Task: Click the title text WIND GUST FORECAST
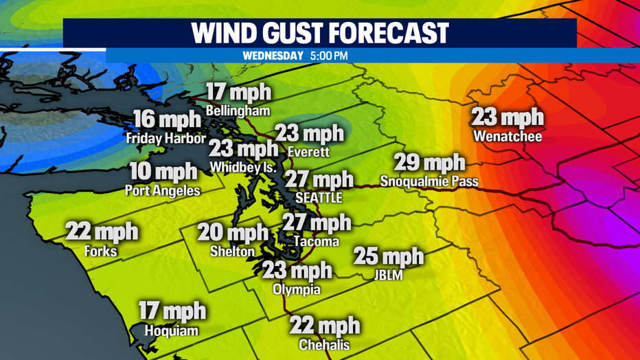(319, 32)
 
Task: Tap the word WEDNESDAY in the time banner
(272, 56)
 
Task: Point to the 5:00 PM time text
(329, 56)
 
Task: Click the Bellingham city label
(240, 111)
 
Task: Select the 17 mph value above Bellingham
(239, 93)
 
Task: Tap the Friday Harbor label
(165, 138)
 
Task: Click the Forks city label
(101, 251)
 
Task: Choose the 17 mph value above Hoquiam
(172, 311)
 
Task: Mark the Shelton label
(232, 251)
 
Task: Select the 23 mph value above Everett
(309, 133)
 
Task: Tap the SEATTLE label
(318, 197)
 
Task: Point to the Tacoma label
(316, 242)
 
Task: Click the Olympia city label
(297, 289)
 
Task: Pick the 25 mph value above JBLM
(389, 257)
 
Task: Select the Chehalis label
(324, 344)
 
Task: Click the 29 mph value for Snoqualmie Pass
(429, 164)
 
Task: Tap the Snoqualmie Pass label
(429, 182)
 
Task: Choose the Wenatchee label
(507, 137)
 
